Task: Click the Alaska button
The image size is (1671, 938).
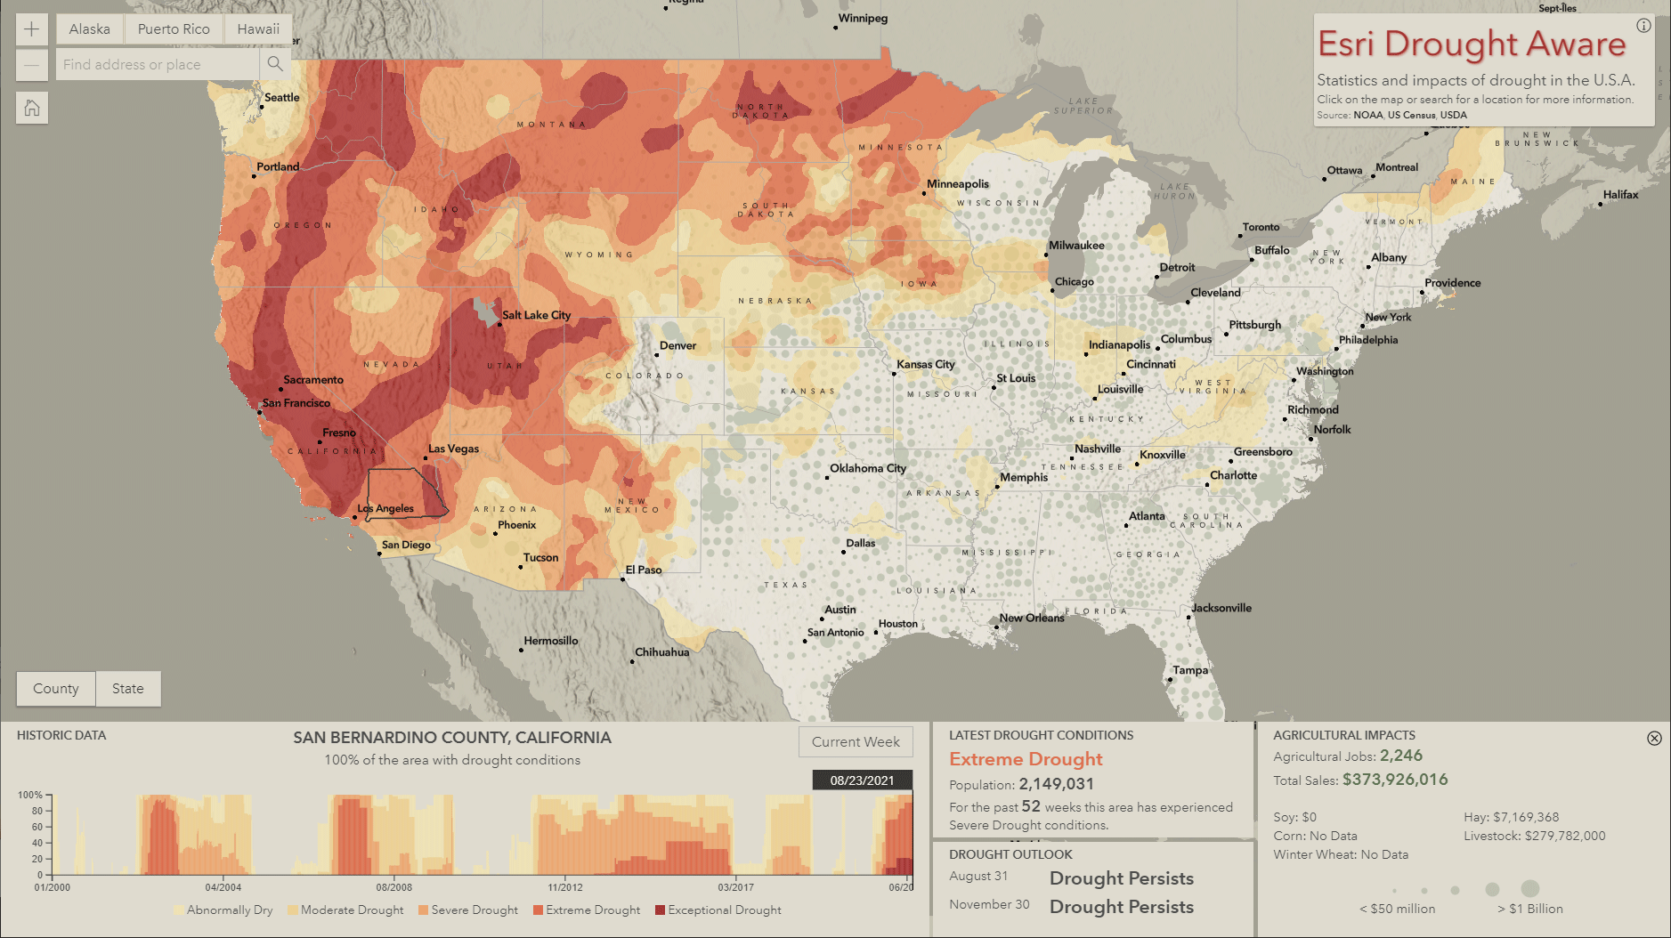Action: click(90, 29)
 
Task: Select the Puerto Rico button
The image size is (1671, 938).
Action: click(174, 29)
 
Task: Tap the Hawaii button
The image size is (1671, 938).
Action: click(258, 29)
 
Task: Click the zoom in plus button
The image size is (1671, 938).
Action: click(31, 29)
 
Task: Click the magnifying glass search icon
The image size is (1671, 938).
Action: click(275, 64)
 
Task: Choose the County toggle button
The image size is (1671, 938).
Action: click(56, 689)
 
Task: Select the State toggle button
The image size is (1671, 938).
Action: click(128, 689)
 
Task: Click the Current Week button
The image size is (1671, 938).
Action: click(855, 742)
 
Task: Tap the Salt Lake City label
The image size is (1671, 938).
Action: click(536, 315)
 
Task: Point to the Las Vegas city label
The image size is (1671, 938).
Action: click(453, 449)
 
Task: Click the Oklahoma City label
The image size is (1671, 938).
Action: click(868, 468)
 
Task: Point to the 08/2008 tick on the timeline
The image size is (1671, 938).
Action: click(393, 887)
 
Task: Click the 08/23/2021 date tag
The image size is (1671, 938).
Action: click(862, 780)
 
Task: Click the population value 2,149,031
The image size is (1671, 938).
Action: click(1056, 784)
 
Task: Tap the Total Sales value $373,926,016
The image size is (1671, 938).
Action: click(1395, 780)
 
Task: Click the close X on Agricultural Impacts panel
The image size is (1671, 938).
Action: click(1654, 738)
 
